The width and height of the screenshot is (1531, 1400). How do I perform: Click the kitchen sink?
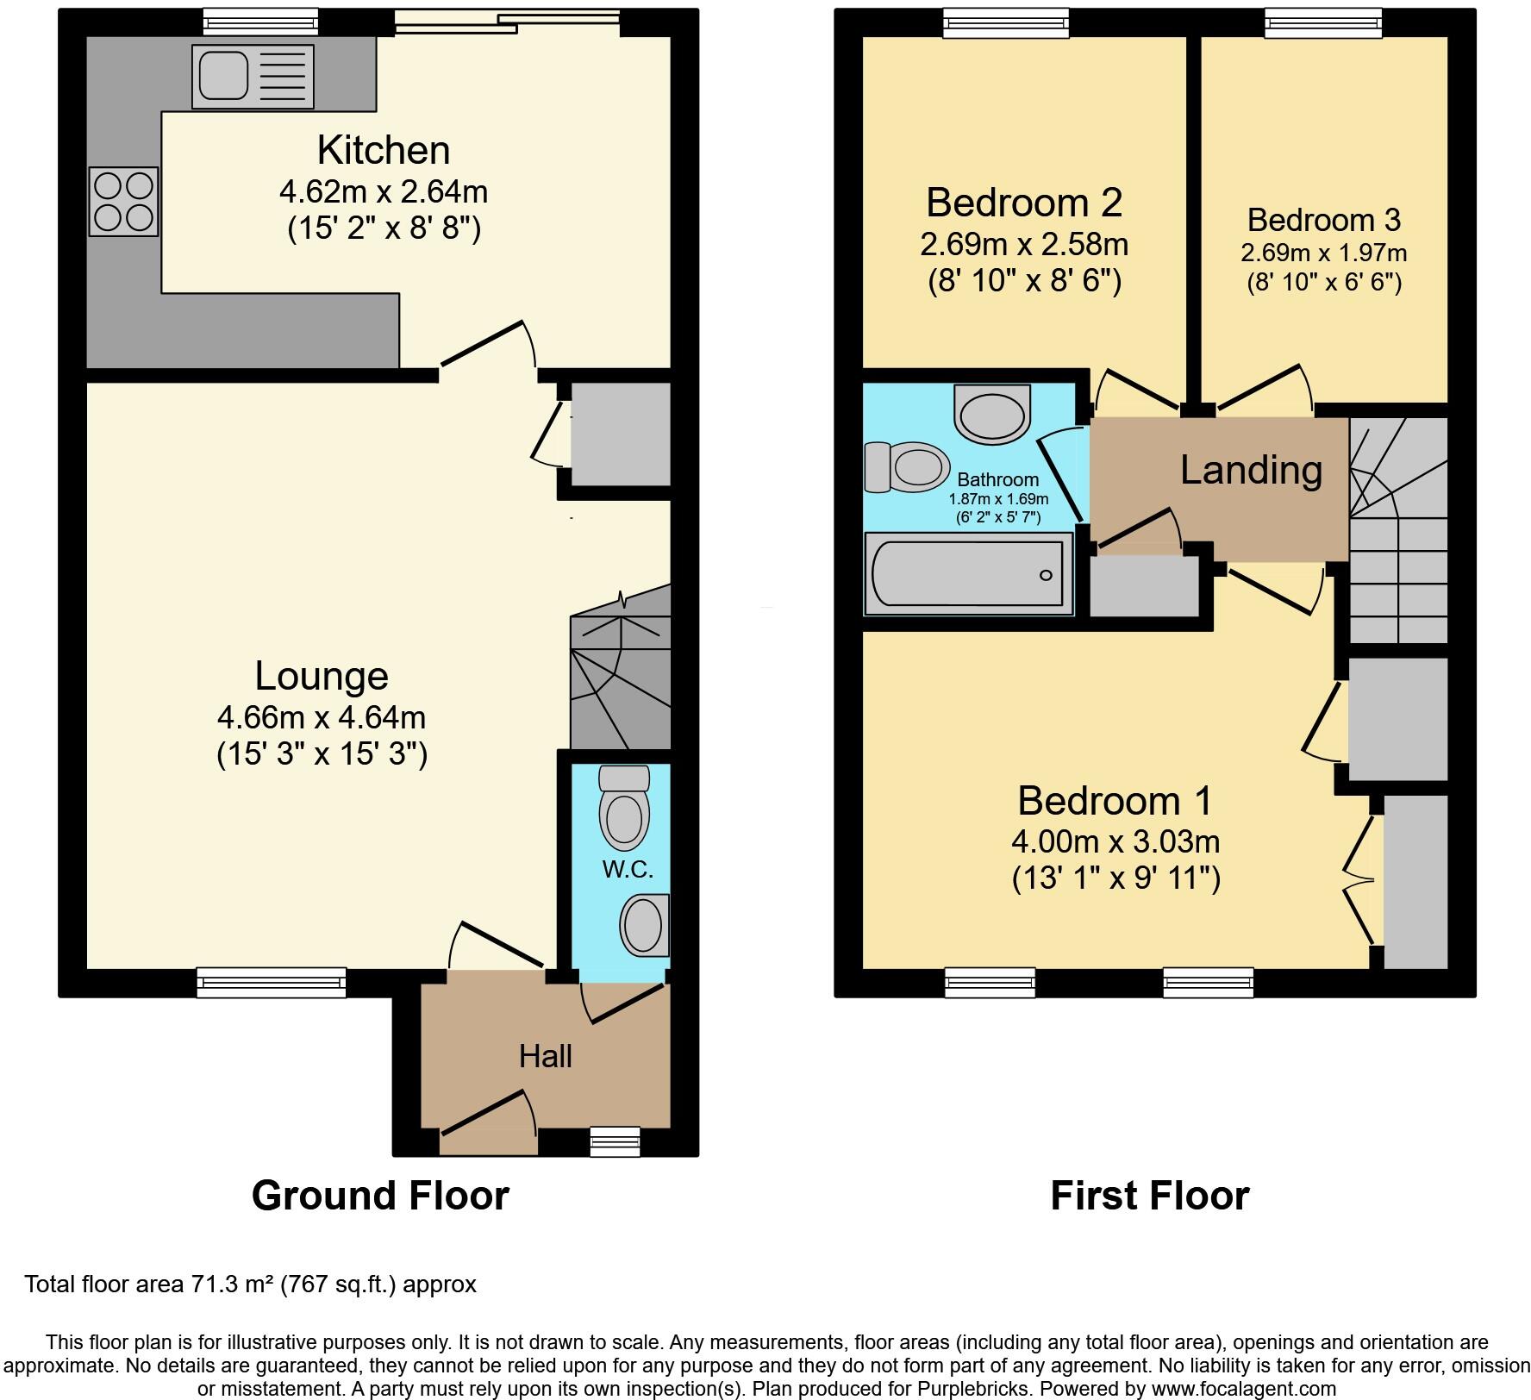[x=253, y=77]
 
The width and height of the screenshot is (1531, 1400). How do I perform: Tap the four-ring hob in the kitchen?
[x=124, y=201]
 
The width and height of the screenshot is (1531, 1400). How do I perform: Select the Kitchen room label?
[x=384, y=150]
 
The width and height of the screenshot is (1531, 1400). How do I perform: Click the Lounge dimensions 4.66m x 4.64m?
[x=322, y=717]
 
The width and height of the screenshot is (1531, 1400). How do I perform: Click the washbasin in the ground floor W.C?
[x=644, y=925]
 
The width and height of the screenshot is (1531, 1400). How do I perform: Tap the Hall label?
[x=546, y=1056]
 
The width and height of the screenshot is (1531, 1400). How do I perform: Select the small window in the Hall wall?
[x=616, y=1141]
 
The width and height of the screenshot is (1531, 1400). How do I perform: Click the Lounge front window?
[x=272, y=983]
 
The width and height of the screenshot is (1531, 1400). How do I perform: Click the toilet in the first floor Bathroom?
[x=903, y=467]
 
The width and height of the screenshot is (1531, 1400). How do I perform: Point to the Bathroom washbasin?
[x=993, y=414]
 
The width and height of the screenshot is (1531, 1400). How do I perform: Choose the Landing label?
[x=1251, y=470]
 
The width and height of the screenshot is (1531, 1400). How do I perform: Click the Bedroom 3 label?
[x=1323, y=220]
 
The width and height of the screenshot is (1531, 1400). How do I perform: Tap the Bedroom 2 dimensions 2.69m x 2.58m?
[x=1024, y=245]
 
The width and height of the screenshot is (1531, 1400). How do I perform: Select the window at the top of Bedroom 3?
[x=1323, y=22]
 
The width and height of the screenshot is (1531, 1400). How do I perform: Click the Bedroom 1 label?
[x=1115, y=801]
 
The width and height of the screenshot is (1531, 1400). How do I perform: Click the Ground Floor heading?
[x=380, y=1196]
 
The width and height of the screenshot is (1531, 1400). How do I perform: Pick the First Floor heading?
[x=1149, y=1196]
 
